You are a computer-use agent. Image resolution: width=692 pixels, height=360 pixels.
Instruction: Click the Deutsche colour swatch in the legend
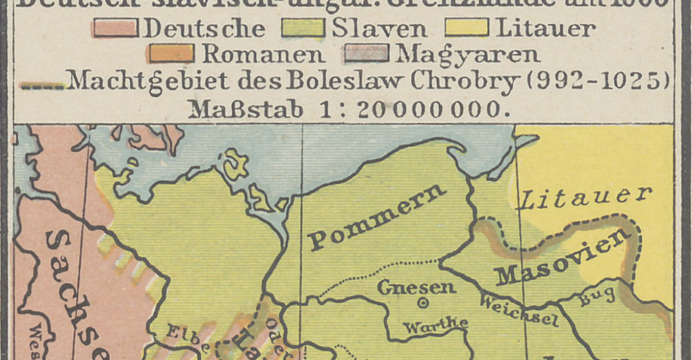coord(115,28)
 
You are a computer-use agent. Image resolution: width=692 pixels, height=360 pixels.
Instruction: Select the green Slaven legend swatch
coord(303,28)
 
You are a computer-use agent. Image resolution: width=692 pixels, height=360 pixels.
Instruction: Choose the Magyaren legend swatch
coord(366,54)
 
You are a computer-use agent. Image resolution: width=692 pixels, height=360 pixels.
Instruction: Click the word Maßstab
coord(246,109)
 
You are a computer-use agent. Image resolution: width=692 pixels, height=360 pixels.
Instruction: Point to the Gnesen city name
coord(416,287)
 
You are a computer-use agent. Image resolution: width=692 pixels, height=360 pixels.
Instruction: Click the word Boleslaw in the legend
coord(352,82)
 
